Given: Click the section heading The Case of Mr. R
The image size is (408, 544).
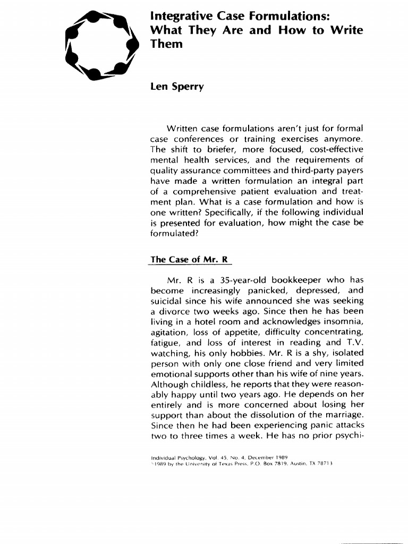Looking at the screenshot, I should click(190, 259).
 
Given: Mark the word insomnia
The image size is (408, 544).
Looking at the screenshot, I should click(342, 322).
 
